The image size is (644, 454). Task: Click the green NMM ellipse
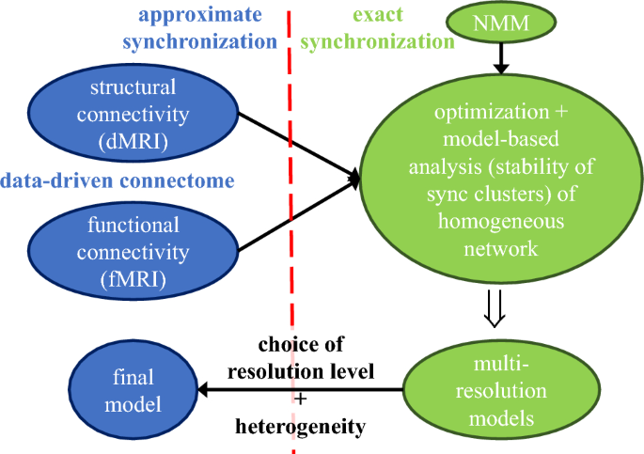pyautogui.click(x=501, y=23)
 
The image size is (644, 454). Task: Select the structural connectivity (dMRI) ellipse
pyautogui.click(x=134, y=113)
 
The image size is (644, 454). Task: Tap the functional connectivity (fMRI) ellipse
pyautogui.click(x=134, y=251)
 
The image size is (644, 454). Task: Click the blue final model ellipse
pyautogui.click(x=134, y=390)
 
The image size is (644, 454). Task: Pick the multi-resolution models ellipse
pyautogui.click(x=501, y=390)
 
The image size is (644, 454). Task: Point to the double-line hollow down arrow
pyautogui.click(x=495, y=308)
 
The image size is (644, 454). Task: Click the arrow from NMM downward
pyautogui.click(x=501, y=58)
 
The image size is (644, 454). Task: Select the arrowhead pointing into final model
pyautogui.click(x=204, y=389)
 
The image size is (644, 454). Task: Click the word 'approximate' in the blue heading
pyautogui.click(x=200, y=15)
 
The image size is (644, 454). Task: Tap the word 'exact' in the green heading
pyautogui.click(x=378, y=14)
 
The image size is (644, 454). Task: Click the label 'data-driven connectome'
pyautogui.click(x=118, y=180)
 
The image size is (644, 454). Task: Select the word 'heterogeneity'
pyautogui.click(x=300, y=427)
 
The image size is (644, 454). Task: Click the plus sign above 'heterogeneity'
pyautogui.click(x=301, y=399)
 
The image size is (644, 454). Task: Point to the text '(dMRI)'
pyautogui.click(x=134, y=142)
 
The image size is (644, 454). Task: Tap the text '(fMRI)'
pyautogui.click(x=134, y=280)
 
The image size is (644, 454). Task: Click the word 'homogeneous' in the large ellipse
pyautogui.click(x=501, y=222)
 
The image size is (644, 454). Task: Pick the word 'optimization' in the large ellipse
pyautogui.click(x=492, y=112)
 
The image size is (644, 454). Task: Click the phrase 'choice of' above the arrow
pyautogui.click(x=301, y=344)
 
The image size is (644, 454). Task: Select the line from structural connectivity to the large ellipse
pyautogui.click(x=299, y=146)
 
